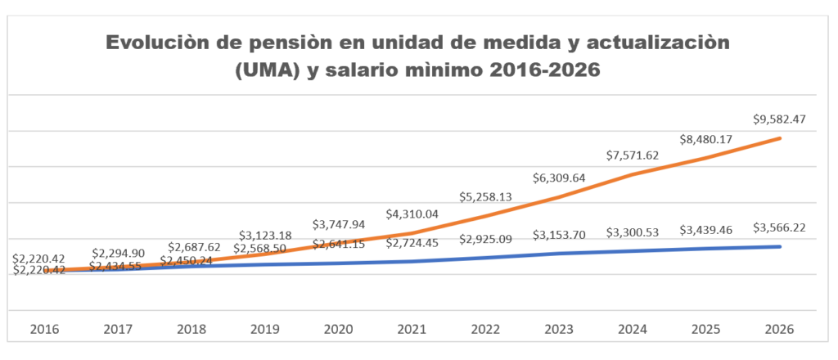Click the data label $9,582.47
pyautogui.click(x=778, y=119)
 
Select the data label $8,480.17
pyautogui.click(x=707, y=139)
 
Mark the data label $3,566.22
pyautogui.click(x=779, y=228)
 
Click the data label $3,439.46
pyautogui.click(x=707, y=232)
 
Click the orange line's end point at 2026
pyautogui.click(x=779, y=138)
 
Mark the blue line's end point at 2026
pyautogui.click(x=779, y=246)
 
